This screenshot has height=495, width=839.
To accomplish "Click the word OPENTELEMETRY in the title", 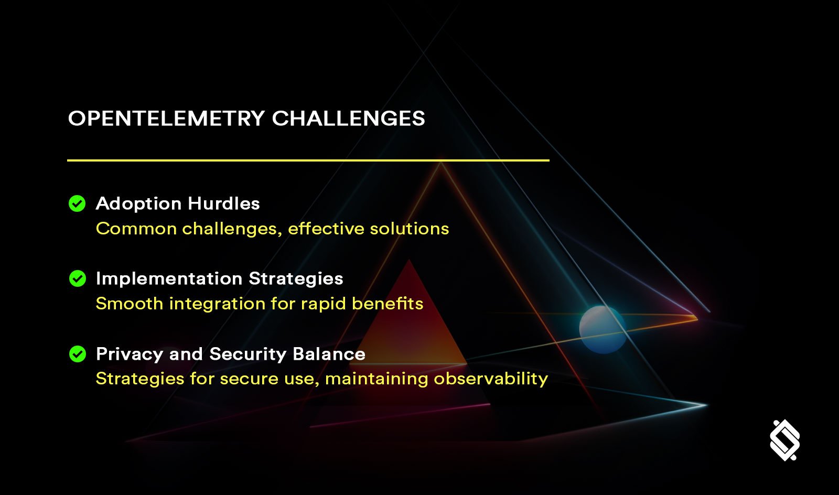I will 166,119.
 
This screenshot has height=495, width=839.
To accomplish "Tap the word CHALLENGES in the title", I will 348,119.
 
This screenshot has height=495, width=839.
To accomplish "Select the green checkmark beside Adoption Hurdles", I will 77,203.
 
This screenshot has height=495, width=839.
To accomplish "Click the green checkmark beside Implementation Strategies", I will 77,278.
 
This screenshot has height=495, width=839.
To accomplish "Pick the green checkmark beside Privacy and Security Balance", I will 77,354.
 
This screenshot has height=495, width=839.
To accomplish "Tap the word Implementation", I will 169,279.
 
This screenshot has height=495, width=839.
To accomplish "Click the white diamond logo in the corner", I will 785,440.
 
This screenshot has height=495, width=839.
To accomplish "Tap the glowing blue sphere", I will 603,329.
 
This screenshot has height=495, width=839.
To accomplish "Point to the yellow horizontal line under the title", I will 308,160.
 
